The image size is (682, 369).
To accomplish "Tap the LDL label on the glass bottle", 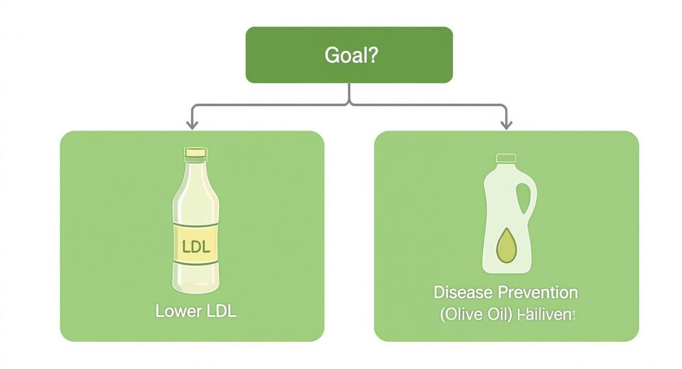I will (x=195, y=246).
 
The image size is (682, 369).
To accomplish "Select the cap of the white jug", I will (x=506, y=158).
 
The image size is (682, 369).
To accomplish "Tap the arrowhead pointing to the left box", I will (x=192, y=125).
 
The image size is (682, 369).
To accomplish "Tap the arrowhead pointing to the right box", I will (x=506, y=125).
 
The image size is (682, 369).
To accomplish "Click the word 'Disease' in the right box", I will (x=463, y=293).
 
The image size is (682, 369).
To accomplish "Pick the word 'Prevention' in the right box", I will (x=538, y=293).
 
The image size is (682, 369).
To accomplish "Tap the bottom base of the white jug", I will (x=506, y=268).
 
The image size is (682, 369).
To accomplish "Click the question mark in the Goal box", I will (x=372, y=55).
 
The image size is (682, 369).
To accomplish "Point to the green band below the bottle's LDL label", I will (x=195, y=263).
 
